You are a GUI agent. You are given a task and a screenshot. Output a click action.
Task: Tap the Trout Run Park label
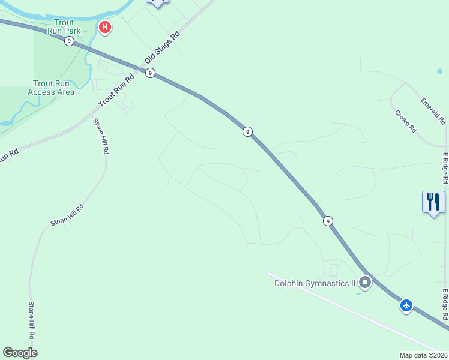point(63,26)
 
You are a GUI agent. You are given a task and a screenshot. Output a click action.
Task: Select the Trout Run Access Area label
point(51,88)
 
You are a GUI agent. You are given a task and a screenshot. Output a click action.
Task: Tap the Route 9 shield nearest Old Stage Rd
point(150,73)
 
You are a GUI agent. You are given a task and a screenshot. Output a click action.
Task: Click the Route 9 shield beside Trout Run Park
point(70,41)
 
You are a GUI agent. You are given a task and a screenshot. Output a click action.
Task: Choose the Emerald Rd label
point(433,111)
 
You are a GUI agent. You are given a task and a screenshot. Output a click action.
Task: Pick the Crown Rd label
point(406,121)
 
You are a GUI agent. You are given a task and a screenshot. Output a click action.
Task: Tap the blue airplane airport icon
point(406,306)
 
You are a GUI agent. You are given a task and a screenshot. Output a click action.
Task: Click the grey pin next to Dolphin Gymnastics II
point(365,282)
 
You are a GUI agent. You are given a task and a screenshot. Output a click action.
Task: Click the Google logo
point(20,353)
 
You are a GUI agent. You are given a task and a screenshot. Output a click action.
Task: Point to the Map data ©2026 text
point(424,355)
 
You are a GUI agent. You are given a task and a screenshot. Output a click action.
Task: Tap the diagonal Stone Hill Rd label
point(67,214)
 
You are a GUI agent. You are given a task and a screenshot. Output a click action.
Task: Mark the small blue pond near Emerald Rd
point(439,71)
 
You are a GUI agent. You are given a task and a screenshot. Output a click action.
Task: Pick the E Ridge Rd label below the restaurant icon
point(445,305)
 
